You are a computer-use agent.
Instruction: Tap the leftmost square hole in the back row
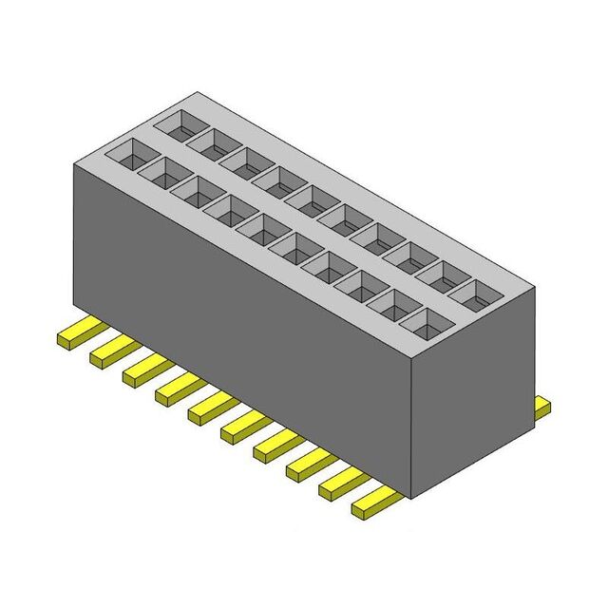pyautogui.click(x=178, y=123)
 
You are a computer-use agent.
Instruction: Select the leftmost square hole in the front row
pyautogui.click(x=126, y=152)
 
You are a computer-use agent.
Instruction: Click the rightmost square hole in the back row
pyautogui.click(x=475, y=292)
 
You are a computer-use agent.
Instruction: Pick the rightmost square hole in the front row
pyautogui.click(x=425, y=324)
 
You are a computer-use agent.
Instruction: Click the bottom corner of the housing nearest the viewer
pyautogui.click(x=410, y=496)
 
